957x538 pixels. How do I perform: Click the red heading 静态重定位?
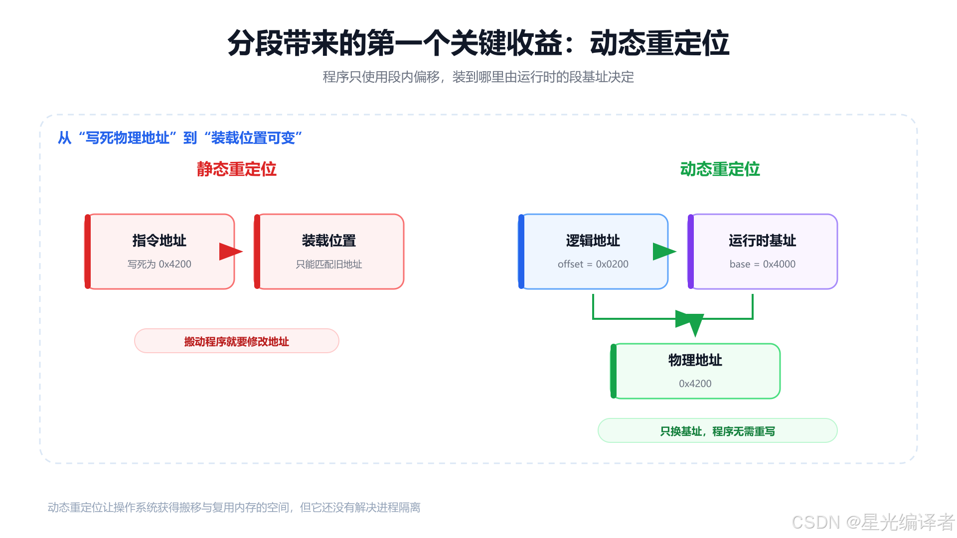(x=236, y=169)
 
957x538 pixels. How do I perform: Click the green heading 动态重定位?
(x=720, y=169)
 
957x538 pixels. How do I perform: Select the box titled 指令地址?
(x=159, y=252)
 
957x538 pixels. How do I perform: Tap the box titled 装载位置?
(x=329, y=252)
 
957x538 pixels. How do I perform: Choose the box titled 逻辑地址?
(x=593, y=252)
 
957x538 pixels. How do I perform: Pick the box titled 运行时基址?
(x=763, y=252)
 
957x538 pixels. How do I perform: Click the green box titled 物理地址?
(x=695, y=371)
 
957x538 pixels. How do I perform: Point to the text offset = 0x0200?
(x=593, y=264)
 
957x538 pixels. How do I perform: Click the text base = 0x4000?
(x=763, y=264)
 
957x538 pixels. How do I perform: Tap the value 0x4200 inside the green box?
(x=695, y=384)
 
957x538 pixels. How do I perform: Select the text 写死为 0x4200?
(x=159, y=264)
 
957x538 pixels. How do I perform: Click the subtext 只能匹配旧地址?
(x=329, y=264)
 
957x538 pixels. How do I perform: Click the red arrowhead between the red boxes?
(x=231, y=252)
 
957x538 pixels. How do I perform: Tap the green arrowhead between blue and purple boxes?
(x=664, y=252)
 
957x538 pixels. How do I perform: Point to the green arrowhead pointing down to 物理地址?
(x=692, y=323)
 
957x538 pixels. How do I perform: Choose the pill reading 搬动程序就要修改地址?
(x=237, y=341)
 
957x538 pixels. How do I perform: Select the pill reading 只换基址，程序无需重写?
(x=718, y=431)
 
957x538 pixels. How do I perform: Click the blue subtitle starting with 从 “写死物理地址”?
(x=180, y=138)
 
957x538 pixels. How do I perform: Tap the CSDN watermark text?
(x=873, y=522)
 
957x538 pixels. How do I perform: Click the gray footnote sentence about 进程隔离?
(x=234, y=507)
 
